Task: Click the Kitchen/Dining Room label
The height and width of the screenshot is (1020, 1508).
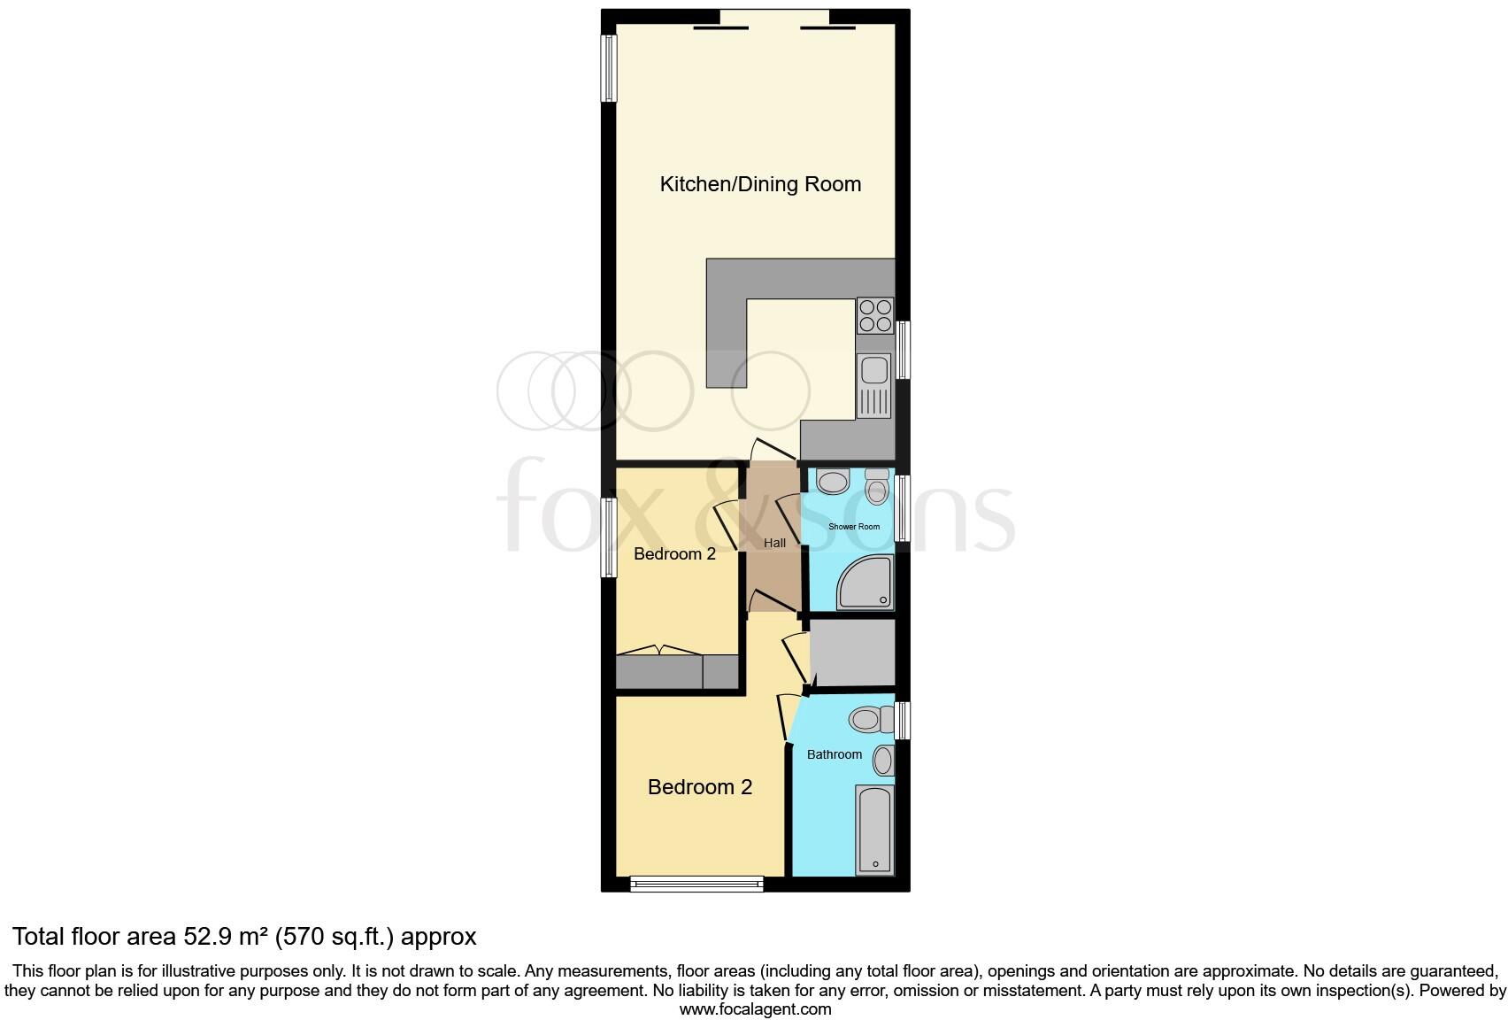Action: coord(760,184)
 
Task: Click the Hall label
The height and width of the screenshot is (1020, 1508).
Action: coord(774,543)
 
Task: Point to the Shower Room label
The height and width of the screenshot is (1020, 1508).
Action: coord(854,527)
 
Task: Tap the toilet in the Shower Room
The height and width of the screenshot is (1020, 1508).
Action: coord(876,487)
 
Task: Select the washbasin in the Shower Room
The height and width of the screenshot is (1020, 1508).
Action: coord(833,482)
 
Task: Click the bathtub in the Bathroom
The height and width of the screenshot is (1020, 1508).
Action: coord(874,829)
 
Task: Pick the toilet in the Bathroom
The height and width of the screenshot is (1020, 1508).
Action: coord(870,718)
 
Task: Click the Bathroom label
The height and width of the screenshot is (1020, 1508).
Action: coord(834,754)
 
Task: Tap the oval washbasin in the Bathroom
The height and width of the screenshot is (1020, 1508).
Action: coord(883,760)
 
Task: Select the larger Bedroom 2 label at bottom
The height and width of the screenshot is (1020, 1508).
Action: coord(699,787)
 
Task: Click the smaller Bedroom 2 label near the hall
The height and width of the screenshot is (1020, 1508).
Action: coord(674,554)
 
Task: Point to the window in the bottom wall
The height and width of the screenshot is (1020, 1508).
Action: coord(696,883)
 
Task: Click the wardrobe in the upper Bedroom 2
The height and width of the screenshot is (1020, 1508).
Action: coord(677,672)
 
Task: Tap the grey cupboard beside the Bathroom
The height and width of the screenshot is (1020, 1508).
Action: coord(852,653)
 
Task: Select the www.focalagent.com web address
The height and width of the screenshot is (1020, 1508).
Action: coord(755,1008)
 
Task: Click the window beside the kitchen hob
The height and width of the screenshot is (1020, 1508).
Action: coord(904,350)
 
